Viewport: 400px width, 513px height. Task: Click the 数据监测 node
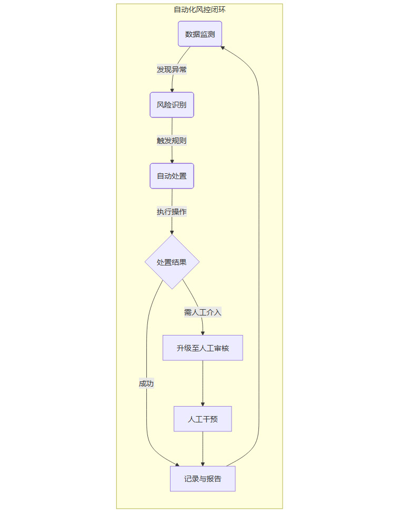tap(199, 34)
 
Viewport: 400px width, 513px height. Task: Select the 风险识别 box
tap(172, 105)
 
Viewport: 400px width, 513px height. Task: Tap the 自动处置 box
tap(172, 176)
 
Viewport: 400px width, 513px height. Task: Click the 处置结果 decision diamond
tap(172, 262)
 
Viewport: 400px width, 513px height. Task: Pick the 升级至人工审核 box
tap(203, 348)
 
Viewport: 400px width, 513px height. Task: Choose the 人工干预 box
tap(203, 419)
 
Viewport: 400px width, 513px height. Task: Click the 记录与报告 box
tap(203, 479)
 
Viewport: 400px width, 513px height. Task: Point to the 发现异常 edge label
tap(172, 70)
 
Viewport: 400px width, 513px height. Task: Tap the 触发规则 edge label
tap(172, 141)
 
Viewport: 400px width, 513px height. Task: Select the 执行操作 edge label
tap(172, 212)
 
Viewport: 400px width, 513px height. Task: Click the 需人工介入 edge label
tap(203, 312)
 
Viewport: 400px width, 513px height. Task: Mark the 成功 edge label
tap(146, 383)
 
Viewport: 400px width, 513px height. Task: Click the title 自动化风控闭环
tap(199, 9)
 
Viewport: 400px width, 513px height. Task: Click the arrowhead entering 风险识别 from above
tap(172, 90)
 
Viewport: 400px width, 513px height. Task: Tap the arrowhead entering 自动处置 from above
tap(172, 161)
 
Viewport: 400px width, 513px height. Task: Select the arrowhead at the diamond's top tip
tap(172, 232)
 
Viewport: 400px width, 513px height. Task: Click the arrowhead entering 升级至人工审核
tap(203, 333)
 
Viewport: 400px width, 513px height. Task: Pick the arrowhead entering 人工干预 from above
tap(203, 404)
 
